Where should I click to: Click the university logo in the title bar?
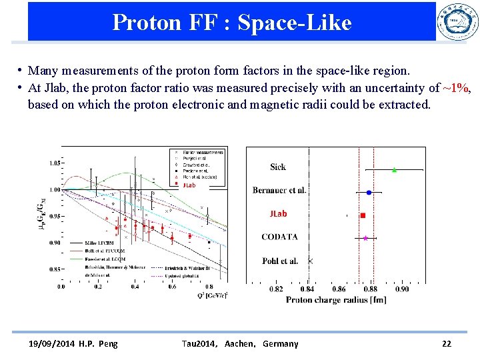457,23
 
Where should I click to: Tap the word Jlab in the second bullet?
55,87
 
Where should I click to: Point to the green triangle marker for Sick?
394,170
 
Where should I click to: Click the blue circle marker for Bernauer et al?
369,192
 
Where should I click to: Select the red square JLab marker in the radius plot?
363,215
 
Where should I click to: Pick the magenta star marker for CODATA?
365,238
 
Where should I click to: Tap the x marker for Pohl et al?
310,261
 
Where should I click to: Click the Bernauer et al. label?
279,191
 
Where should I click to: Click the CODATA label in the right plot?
279,237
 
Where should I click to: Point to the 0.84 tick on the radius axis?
307,289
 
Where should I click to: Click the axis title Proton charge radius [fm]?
336,300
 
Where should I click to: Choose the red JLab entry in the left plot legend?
189,185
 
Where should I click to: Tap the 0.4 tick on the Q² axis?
135,287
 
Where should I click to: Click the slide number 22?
446,344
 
